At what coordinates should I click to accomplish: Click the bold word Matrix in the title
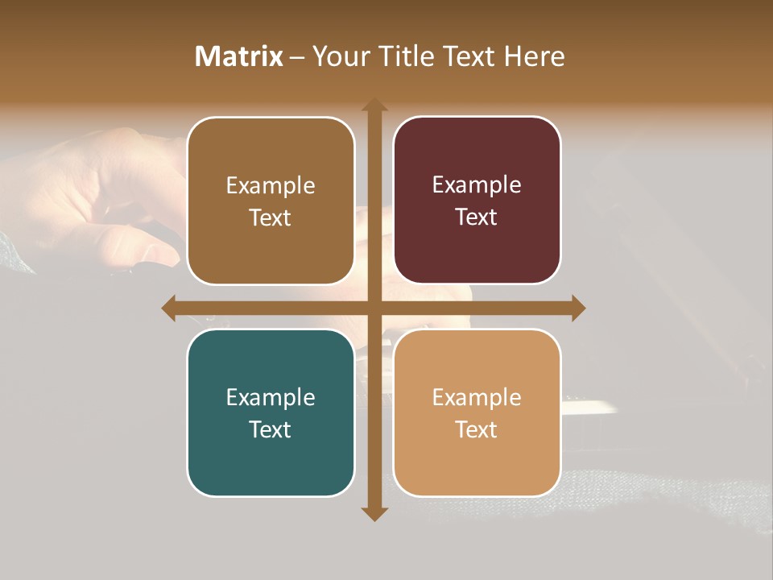coord(239,56)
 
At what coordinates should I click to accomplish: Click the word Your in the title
coord(337,56)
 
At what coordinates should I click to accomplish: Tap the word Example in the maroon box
coord(477,185)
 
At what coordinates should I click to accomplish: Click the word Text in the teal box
coord(271,429)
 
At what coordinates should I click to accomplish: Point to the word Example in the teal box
coord(271,397)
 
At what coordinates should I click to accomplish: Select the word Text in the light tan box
coord(477,429)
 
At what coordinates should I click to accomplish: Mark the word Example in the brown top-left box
coord(271,186)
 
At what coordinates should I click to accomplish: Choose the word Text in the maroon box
coord(477,217)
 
